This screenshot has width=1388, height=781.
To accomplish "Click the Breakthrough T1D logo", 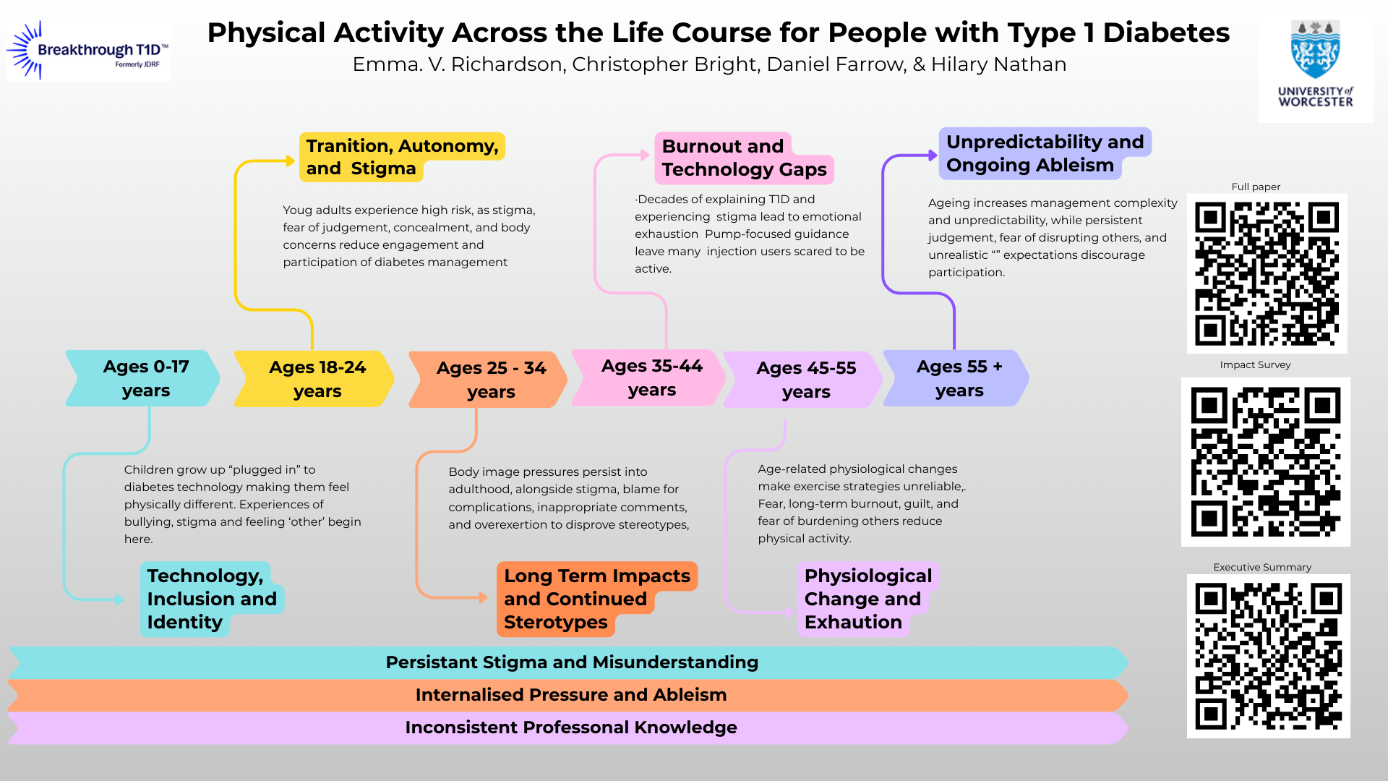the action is [88, 51].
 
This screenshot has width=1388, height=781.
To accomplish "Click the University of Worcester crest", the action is [1315, 49].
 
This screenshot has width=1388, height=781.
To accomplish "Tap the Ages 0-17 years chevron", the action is [142, 378].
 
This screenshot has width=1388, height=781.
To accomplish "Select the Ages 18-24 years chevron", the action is [314, 379].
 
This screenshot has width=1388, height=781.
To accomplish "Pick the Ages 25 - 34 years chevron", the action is [488, 380].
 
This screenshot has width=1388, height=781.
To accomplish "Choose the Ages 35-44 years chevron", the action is [648, 377].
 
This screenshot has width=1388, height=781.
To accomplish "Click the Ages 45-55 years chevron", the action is [803, 380].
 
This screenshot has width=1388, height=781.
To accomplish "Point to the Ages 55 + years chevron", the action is [956, 378].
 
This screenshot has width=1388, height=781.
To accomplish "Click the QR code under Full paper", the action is [1267, 273].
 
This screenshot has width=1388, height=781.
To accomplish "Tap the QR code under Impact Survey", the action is [1266, 461].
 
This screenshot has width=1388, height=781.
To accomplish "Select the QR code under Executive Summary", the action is [1269, 656].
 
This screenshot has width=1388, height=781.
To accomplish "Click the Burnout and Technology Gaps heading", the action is [745, 158].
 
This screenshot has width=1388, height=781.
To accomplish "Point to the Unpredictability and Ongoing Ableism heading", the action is [1045, 153].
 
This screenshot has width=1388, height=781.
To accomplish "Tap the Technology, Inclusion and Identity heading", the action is [212, 599].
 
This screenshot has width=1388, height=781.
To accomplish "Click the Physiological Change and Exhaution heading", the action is [868, 599].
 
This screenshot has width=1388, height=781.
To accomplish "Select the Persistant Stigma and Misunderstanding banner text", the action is [572, 662].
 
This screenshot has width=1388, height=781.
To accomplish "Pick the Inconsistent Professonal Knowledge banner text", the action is [571, 727].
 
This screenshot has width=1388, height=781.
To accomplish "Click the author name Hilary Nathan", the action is [998, 64].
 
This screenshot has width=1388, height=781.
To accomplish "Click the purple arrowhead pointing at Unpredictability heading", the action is [933, 155].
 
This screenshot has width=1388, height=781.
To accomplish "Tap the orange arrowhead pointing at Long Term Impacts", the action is [483, 597].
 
